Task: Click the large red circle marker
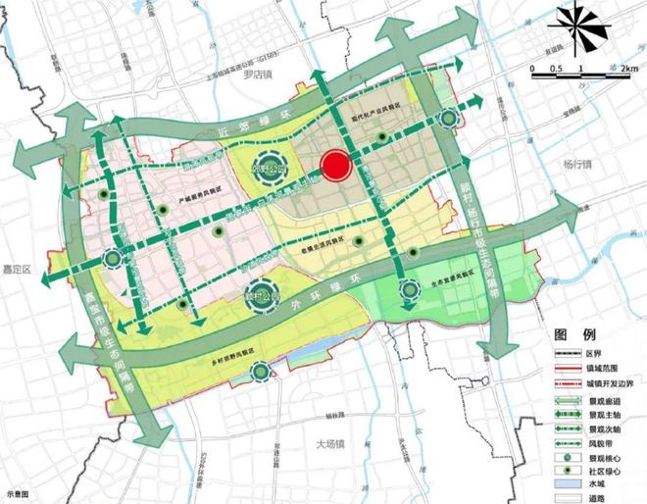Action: coord(336,166)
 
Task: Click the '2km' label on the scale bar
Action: coord(628,69)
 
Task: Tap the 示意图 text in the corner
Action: coord(18,496)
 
